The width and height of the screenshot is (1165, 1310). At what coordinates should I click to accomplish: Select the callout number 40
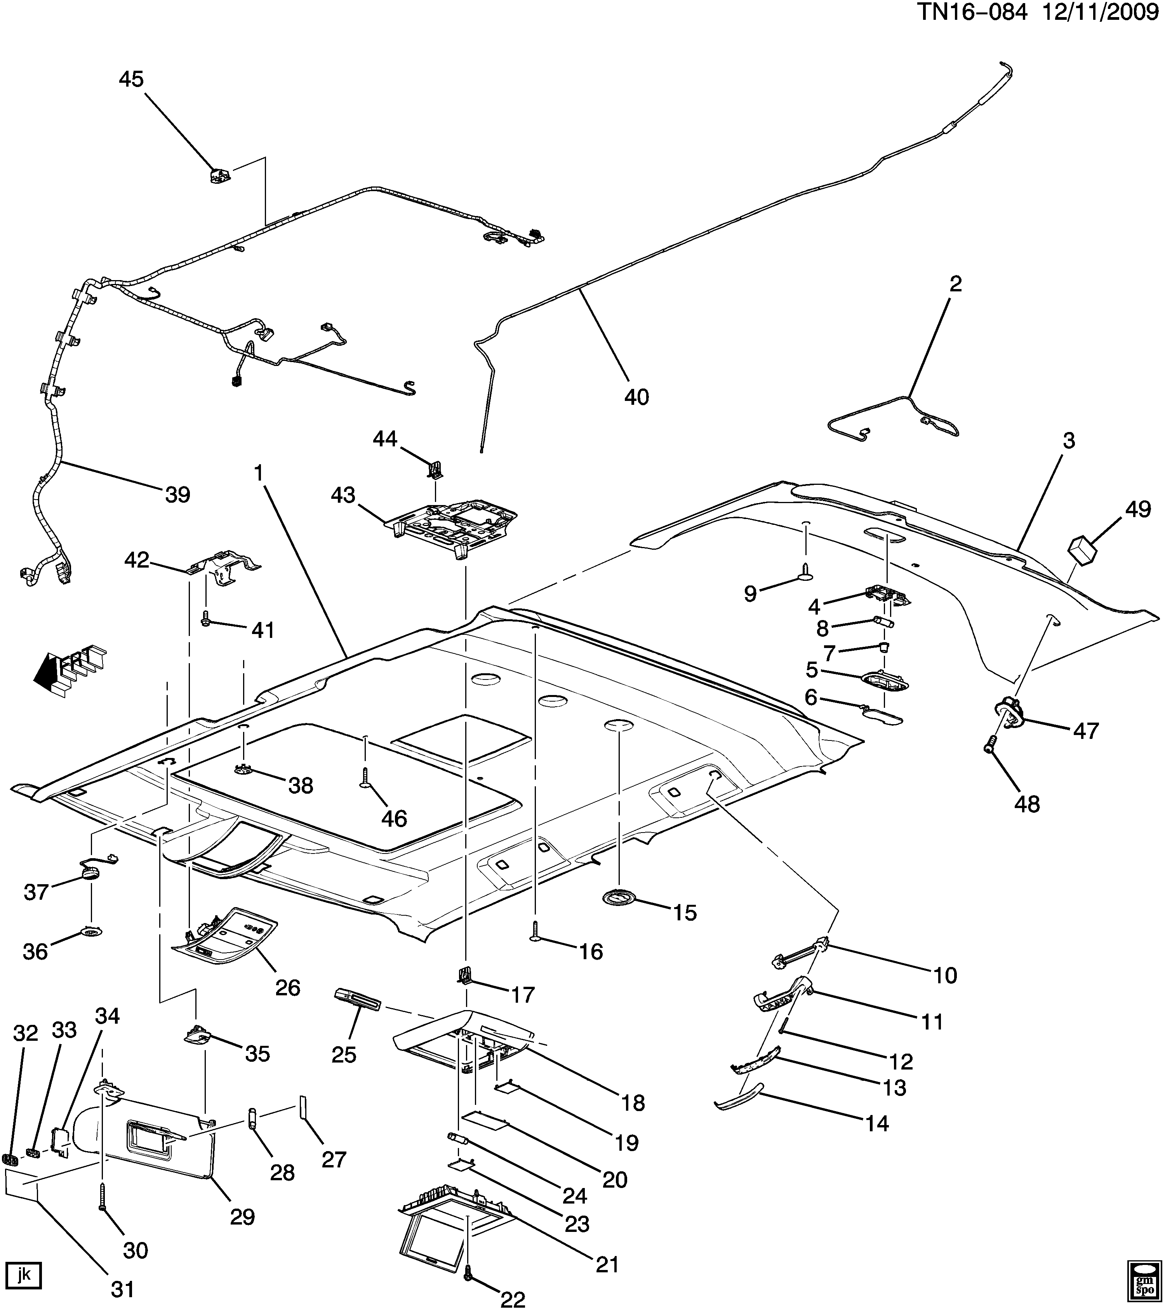[636, 397]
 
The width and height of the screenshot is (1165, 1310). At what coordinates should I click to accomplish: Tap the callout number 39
[178, 494]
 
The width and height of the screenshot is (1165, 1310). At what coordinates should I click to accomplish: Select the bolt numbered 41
[206, 618]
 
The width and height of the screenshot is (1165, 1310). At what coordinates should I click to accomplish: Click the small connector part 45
[220, 175]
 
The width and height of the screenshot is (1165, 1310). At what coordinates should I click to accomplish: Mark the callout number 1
[259, 473]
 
